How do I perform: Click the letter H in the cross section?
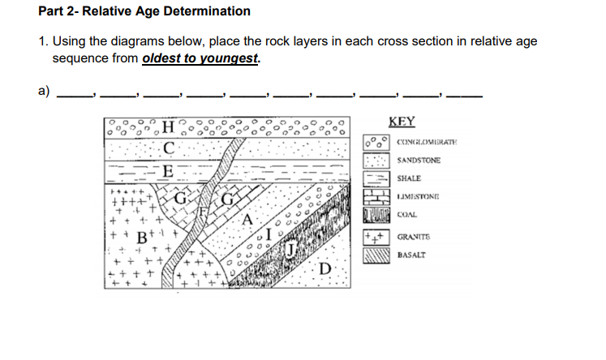[167, 126]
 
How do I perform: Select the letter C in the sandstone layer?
[167, 148]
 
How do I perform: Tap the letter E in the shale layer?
[167, 171]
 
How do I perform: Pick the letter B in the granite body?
[141, 240]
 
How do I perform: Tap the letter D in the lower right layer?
[325, 268]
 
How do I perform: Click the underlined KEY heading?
[402, 122]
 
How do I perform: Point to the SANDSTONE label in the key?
[419, 161]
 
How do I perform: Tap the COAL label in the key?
[407, 216]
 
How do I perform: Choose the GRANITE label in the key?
[413, 238]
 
